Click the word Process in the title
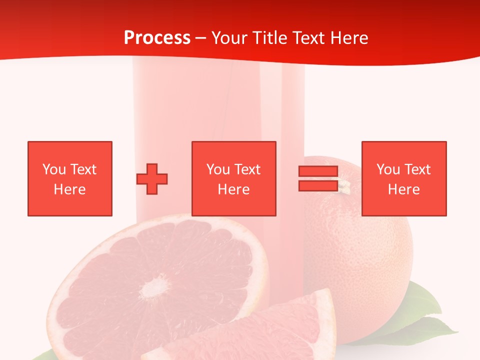click(157, 38)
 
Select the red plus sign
click(152, 178)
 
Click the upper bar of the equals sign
click(318, 171)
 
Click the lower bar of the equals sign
click(318, 185)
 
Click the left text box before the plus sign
click(70, 178)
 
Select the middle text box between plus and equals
click(234, 178)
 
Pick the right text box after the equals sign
click(404, 178)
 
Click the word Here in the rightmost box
click(404, 189)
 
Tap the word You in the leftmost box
click(54, 169)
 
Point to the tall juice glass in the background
click(220, 110)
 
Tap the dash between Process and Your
click(201, 38)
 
